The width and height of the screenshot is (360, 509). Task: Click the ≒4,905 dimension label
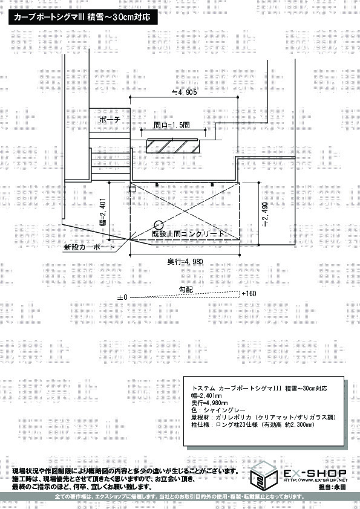pos(184,92)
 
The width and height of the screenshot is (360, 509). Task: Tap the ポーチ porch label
pos(110,120)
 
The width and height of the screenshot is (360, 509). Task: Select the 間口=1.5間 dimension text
pos(172,125)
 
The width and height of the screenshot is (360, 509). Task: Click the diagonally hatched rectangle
pos(173,146)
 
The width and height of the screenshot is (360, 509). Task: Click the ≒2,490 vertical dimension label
pos(265,214)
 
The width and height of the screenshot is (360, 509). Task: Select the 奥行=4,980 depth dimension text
pos(185,261)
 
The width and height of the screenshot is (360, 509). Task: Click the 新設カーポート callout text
pos(90,247)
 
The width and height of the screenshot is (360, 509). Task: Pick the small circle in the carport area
pos(159,225)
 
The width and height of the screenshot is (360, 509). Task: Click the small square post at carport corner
pos(133,189)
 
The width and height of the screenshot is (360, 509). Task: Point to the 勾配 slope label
pos(186,288)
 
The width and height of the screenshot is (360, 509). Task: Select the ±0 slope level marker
pos(122,297)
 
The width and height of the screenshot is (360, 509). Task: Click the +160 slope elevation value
pos(249,294)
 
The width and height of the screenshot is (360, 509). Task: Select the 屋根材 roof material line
pos(264,417)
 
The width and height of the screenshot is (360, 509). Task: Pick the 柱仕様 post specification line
pos(253,424)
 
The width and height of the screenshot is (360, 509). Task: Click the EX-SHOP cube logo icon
pos(264,475)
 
